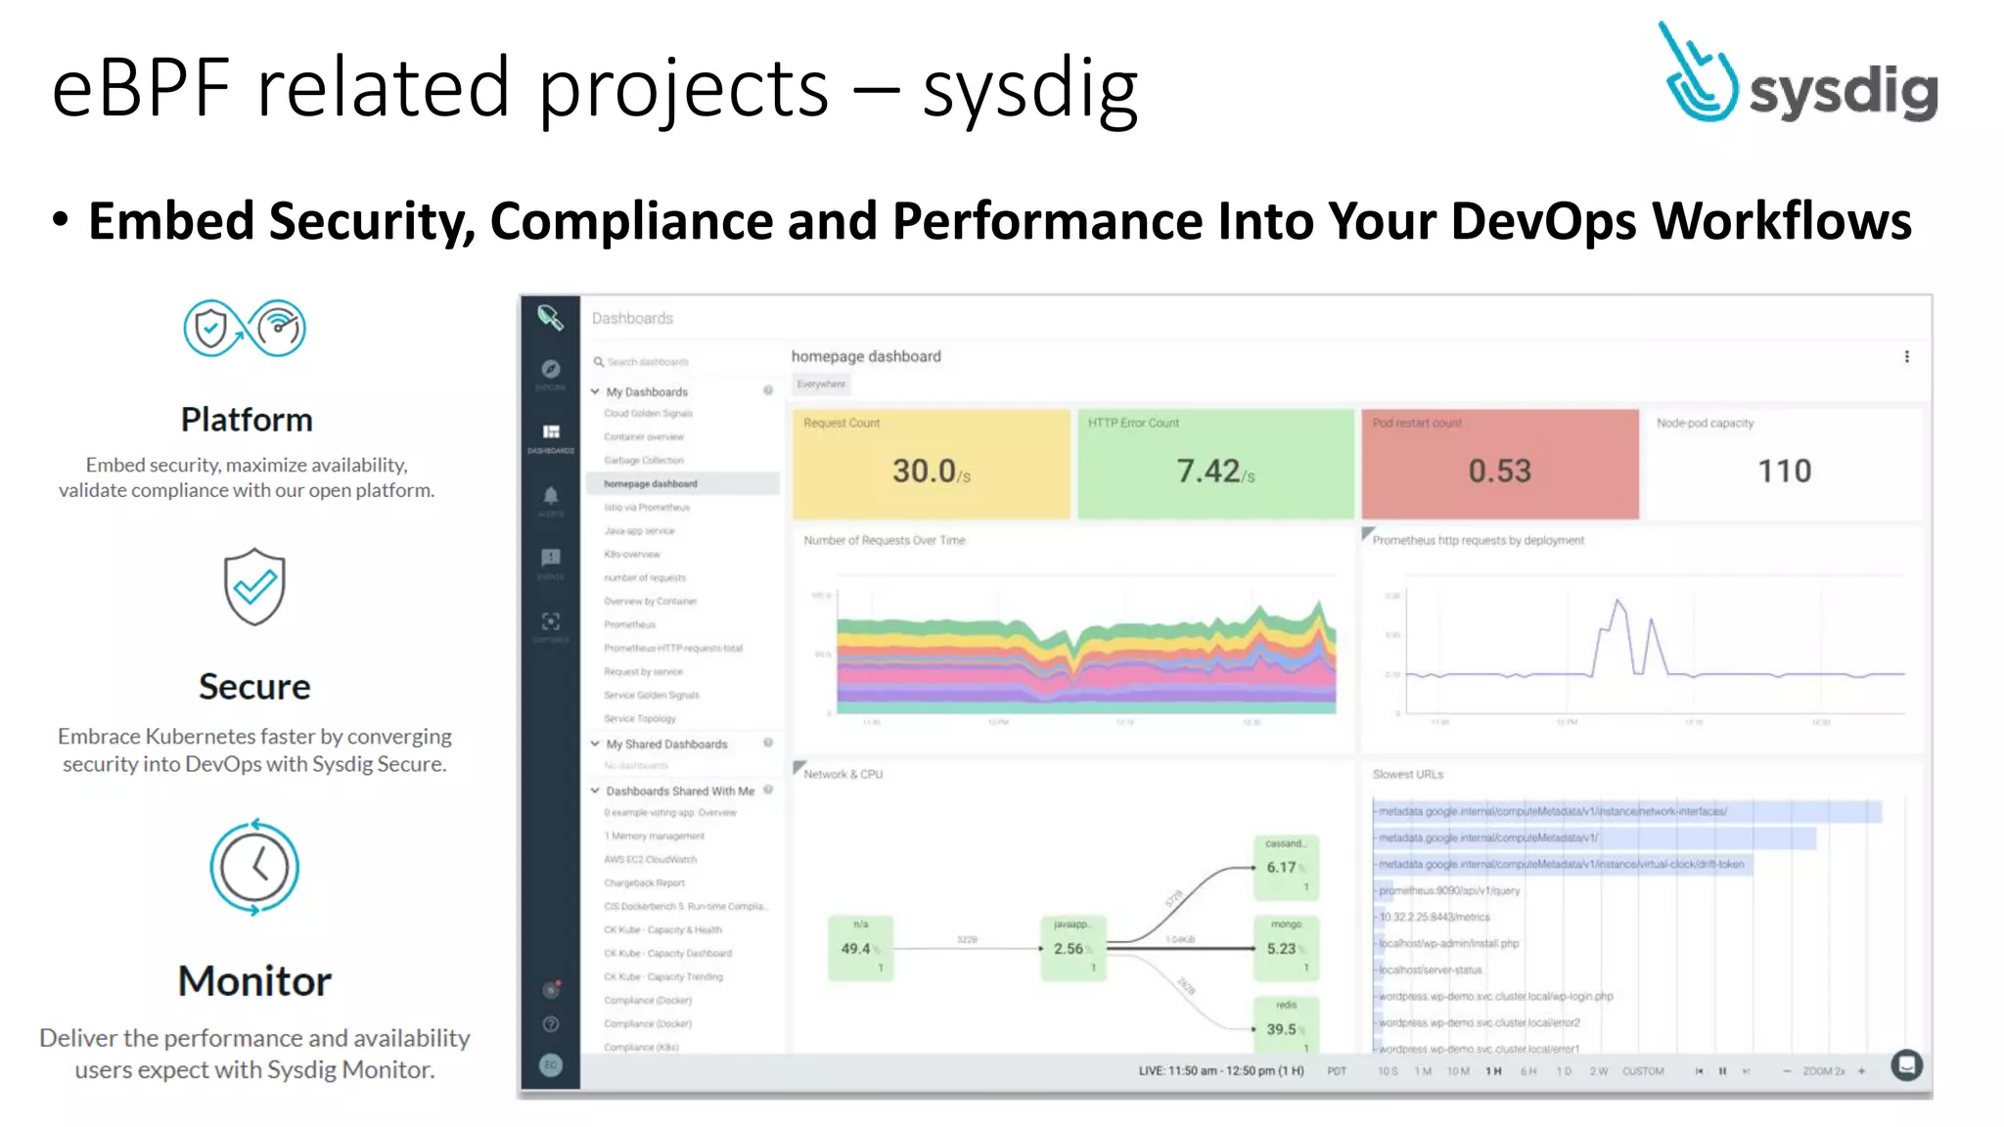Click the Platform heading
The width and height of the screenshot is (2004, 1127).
point(247,420)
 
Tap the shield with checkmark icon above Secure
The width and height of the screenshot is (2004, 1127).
point(254,586)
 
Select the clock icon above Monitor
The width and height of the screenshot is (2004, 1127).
point(254,867)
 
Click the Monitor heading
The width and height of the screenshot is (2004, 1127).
point(254,981)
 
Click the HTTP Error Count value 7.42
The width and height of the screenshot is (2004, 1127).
point(1209,472)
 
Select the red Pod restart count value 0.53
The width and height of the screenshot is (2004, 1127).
point(1499,472)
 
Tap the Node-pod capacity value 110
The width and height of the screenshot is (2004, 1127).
point(1784,472)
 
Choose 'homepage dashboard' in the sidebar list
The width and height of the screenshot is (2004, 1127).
point(651,484)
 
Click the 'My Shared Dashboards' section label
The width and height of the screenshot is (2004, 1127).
point(666,744)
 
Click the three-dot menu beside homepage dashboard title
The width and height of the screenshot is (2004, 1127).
point(1906,357)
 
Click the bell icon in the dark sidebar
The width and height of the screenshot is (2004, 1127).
point(551,496)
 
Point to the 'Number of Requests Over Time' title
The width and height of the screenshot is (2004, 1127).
point(884,540)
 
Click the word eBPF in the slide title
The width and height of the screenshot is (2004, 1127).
point(141,88)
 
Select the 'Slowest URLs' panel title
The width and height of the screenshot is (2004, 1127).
point(1407,775)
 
